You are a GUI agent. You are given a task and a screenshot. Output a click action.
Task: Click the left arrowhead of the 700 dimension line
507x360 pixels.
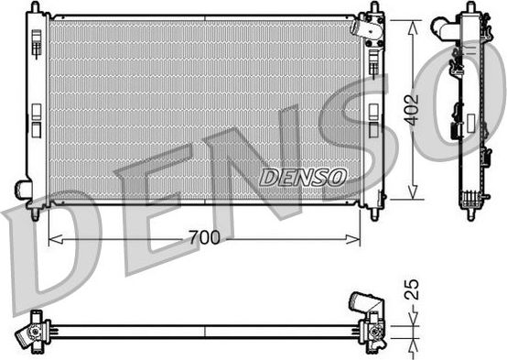tap(52, 240)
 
